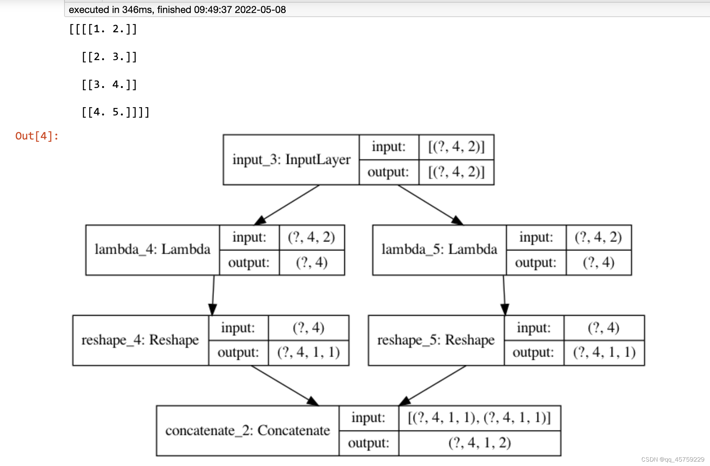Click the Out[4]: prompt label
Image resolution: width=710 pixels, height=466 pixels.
coord(37,136)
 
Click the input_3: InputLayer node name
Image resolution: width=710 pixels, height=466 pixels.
coord(291,160)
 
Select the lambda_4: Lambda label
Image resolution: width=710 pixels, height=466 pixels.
coord(152,249)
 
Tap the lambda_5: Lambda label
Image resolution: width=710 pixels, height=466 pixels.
coord(439,249)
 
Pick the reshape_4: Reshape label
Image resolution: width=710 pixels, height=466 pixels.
coord(140,340)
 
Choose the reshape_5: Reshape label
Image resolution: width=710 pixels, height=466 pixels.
coord(436,340)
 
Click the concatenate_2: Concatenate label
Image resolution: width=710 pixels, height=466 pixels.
coord(248,430)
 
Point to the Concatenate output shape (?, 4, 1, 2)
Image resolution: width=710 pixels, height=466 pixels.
coord(480,443)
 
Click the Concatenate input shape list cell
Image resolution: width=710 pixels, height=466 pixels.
coord(480,418)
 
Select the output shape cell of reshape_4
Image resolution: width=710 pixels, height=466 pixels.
coord(308,352)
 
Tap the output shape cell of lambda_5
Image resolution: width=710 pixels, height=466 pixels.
coord(598,262)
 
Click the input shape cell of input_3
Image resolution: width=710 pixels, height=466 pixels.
coord(456,147)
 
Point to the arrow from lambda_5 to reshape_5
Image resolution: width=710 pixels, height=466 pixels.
coord(504,295)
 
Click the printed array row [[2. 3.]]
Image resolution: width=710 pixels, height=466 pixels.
coord(109,57)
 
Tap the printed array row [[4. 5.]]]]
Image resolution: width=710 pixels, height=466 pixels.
coord(115,112)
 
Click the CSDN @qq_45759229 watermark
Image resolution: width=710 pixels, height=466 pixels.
coord(672,459)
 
